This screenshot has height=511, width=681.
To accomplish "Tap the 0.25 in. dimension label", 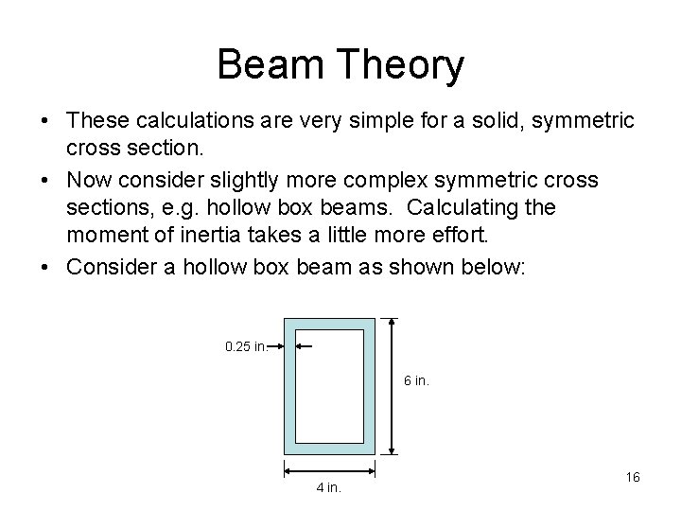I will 244,346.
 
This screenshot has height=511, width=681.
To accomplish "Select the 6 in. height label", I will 417,380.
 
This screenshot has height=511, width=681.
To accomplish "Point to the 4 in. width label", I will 328,488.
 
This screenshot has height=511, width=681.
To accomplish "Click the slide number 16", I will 633,477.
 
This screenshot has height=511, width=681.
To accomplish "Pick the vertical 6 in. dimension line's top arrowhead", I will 393,323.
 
